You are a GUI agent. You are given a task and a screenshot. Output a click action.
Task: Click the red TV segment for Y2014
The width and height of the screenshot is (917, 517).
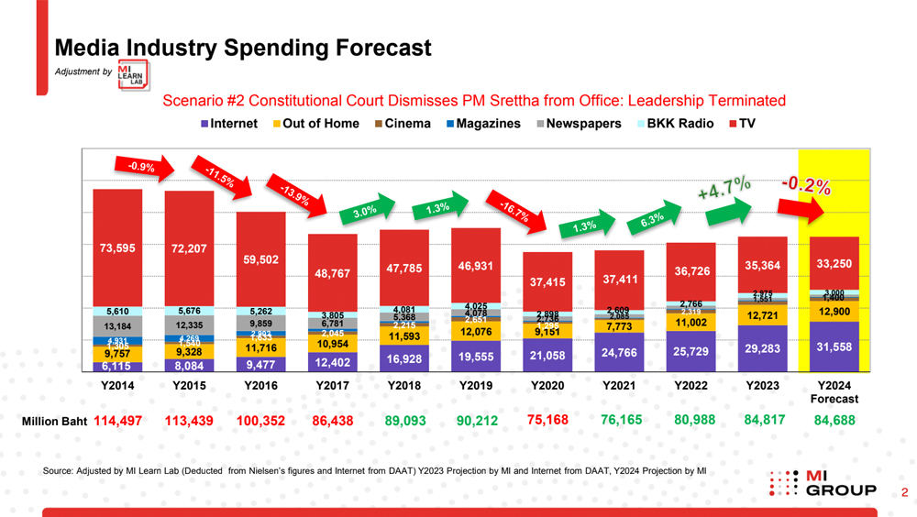click(117, 247)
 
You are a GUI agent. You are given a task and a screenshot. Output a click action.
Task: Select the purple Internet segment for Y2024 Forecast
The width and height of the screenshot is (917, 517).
click(834, 346)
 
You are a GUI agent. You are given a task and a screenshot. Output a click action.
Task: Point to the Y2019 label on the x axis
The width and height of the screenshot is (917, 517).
click(476, 386)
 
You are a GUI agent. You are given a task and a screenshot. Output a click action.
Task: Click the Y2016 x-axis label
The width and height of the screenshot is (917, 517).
click(260, 386)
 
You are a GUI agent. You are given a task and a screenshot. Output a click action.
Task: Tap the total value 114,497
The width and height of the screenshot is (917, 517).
click(124, 421)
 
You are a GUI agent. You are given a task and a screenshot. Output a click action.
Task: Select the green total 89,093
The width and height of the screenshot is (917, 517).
click(404, 421)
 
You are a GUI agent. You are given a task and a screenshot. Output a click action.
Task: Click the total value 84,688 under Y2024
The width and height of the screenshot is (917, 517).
click(834, 421)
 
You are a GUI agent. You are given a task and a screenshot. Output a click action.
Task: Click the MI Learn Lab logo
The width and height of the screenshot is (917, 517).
click(133, 75)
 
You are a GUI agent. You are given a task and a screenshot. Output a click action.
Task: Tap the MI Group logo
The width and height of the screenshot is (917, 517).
click(823, 483)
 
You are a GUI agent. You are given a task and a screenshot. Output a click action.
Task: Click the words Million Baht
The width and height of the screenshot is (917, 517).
click(54, 421)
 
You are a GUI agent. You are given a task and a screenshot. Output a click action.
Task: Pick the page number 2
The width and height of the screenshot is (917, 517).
click(904, 493)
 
